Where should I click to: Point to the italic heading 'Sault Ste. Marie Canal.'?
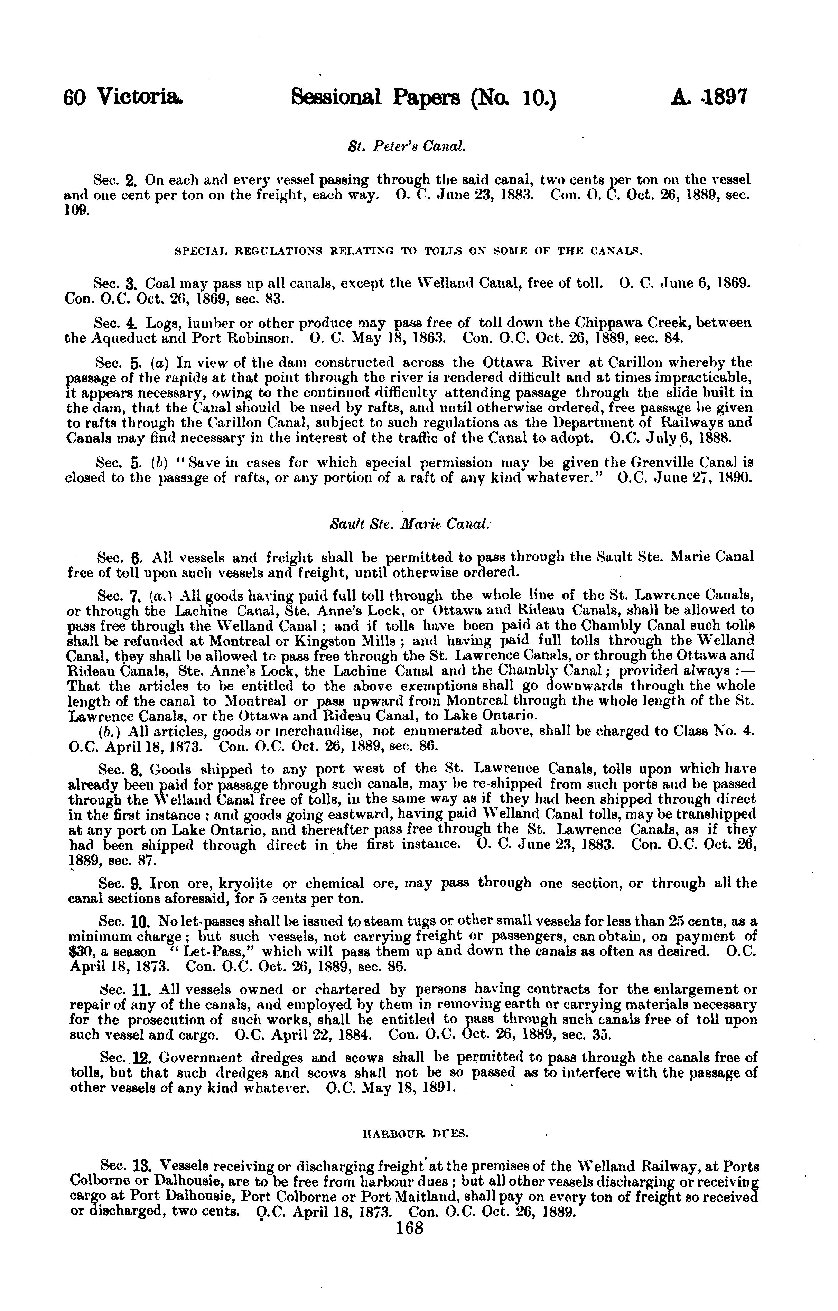[x=411, y=524]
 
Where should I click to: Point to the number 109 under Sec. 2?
[x=75, y=210]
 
